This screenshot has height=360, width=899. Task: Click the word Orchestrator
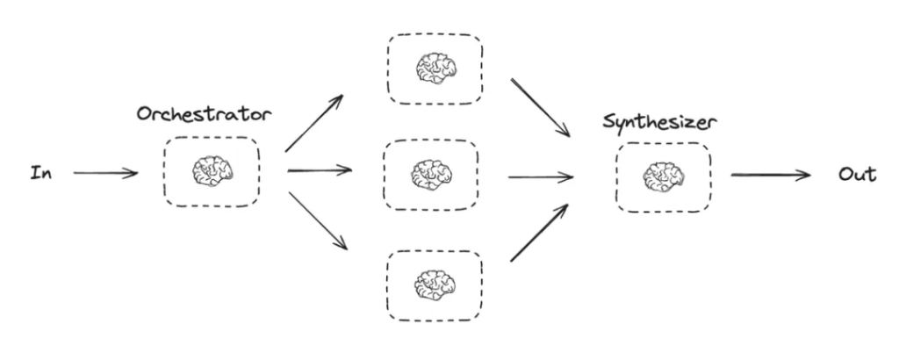(x=205, y=114)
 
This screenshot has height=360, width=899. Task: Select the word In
(x=40, y=173)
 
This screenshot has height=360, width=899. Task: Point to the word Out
(x=856, y=174)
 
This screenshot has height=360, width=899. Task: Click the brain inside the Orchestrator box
(x=211, y=172)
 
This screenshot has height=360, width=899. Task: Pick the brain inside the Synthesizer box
(x=663, y=177)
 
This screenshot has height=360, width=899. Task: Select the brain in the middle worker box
(x=431, y=175)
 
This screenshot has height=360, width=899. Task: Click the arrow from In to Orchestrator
(x=105, y=173)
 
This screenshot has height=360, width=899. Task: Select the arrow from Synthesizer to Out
(x=770, y=175)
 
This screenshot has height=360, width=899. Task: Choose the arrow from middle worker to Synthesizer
(x=540, y=176)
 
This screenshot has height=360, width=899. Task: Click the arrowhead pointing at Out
(x=804, y=175)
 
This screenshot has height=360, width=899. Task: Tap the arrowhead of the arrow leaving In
(x=133, y=173)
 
